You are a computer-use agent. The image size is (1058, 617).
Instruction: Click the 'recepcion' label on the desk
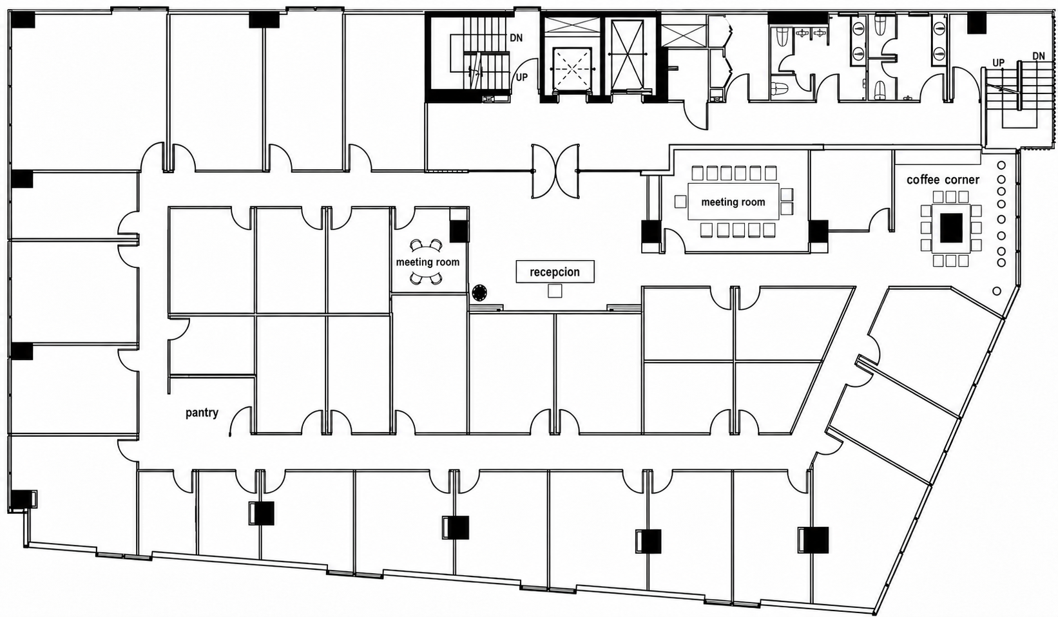pyautogui.click(x=555, y=272)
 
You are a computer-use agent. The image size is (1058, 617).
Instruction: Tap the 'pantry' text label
pyautogui.click(x=202, y=413)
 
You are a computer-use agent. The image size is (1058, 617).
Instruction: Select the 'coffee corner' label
pyautogui.click(x=943, y=180)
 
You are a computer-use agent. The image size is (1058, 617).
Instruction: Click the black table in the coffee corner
pyautogui.click(x=951, y=227)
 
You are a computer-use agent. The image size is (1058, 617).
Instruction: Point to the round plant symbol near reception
pyautogui.click(x=479, y=292)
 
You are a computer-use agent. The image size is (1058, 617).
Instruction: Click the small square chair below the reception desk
pyautogui.click(x=555, y=291)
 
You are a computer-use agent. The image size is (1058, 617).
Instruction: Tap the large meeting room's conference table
pyautogui.click(x=733, y=202)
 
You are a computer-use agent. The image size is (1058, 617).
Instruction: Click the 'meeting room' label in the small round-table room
pyautogui.click(x=427, y=262)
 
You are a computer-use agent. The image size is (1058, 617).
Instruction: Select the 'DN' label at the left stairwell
pyautogui.click(x=516, y=38)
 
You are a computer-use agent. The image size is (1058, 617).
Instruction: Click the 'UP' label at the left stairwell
pyautogui.click(x=521, y=77)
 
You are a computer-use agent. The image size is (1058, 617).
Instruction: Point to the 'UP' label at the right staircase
pyautogui.click(x=998, y=62)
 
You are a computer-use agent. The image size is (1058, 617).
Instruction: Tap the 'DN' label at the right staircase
pyautogui.click(x=1039, y=56)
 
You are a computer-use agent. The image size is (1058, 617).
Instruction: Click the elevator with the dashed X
pyautogui.click(x=572, y=68)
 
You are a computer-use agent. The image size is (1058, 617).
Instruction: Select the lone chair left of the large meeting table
pyautogui.click(x=680, y=202)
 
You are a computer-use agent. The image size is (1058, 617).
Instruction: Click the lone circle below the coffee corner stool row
pyautogui.click(x=997, y=291)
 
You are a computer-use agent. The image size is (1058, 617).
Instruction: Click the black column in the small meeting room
pyautogui.click(x=459, y=231)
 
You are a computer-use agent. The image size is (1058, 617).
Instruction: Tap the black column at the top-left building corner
pyautogui.click(x=23, y=20)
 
